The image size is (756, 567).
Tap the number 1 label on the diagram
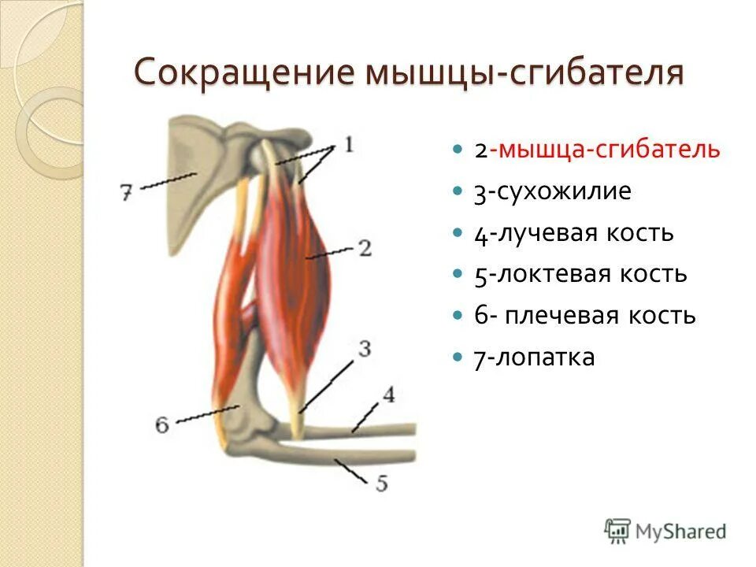pos(348,145)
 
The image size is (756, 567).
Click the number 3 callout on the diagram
pos(365,349)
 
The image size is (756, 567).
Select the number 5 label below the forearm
pos(381,482)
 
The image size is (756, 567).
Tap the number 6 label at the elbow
pos(162,424)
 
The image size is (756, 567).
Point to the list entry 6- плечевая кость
pos(584,316)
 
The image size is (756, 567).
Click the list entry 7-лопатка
pos(534,358)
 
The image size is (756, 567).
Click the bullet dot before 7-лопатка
pos(458,358)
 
